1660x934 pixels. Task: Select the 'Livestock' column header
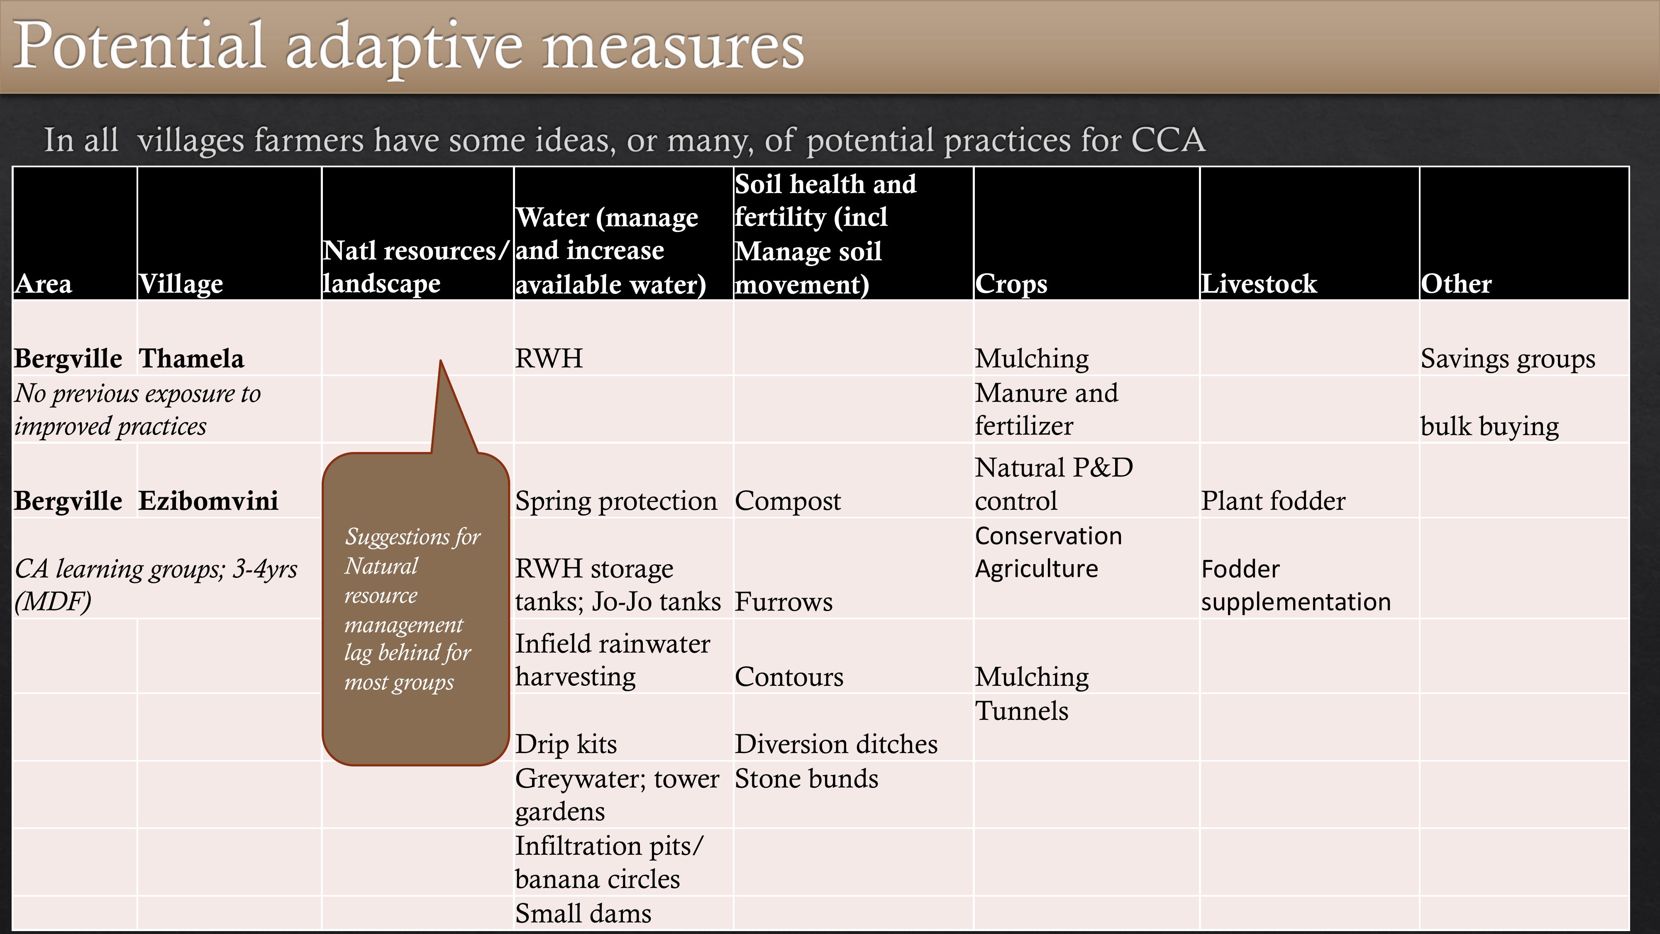[1259, 284]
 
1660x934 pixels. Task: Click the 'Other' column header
[1456, 284]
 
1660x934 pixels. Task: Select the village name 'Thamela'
[191, 358]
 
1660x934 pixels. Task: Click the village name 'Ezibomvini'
[209, 501]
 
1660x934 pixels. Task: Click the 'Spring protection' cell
[616, 501]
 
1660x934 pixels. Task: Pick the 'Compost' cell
[788, 501]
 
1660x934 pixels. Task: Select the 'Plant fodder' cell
[1273, 501]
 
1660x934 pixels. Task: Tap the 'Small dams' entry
[583, 913]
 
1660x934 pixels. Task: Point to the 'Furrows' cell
[784, 602]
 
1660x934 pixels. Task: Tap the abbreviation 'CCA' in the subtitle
[1168, 140]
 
